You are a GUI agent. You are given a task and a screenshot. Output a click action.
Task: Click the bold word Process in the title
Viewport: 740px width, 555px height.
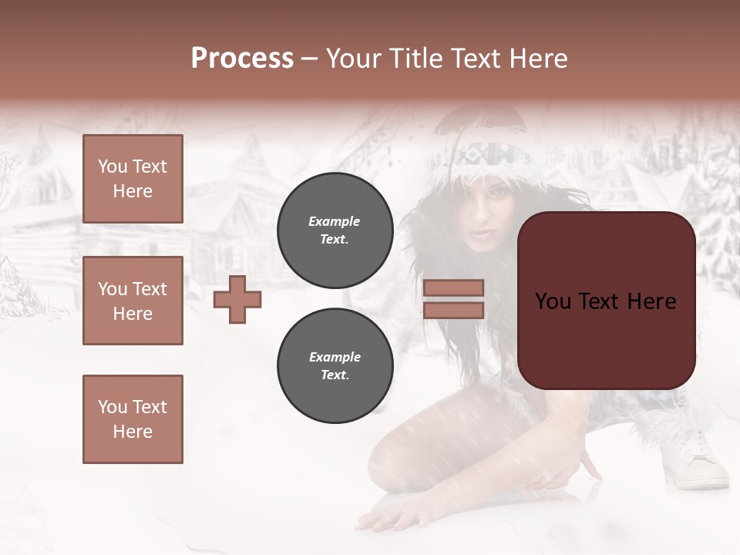[x=242, y=59]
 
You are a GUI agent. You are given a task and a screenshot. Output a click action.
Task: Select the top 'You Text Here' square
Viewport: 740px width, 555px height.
[x=133, y=179]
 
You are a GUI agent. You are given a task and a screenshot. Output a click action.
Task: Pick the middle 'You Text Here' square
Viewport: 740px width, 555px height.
[x=133, y=301]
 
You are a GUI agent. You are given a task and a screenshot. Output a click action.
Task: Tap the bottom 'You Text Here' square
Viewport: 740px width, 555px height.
[x=133, y=419]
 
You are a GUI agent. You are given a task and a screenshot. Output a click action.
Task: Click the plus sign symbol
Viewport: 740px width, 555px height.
[x=237, y=299]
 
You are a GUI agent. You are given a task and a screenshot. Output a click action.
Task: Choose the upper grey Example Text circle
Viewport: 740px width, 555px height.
[x=335, y=230]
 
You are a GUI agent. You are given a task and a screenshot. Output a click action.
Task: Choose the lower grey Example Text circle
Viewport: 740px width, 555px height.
[x=335, y=365]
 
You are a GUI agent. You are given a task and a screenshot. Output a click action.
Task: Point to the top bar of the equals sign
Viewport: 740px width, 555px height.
[x=453, y=288]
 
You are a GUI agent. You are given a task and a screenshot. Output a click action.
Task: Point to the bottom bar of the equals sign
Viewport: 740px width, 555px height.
[x=453, y=310]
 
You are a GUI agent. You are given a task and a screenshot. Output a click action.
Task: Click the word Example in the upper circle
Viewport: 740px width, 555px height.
[x=334, y=221]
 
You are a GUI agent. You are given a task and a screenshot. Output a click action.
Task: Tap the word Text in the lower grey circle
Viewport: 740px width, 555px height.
[x=335, y=375]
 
